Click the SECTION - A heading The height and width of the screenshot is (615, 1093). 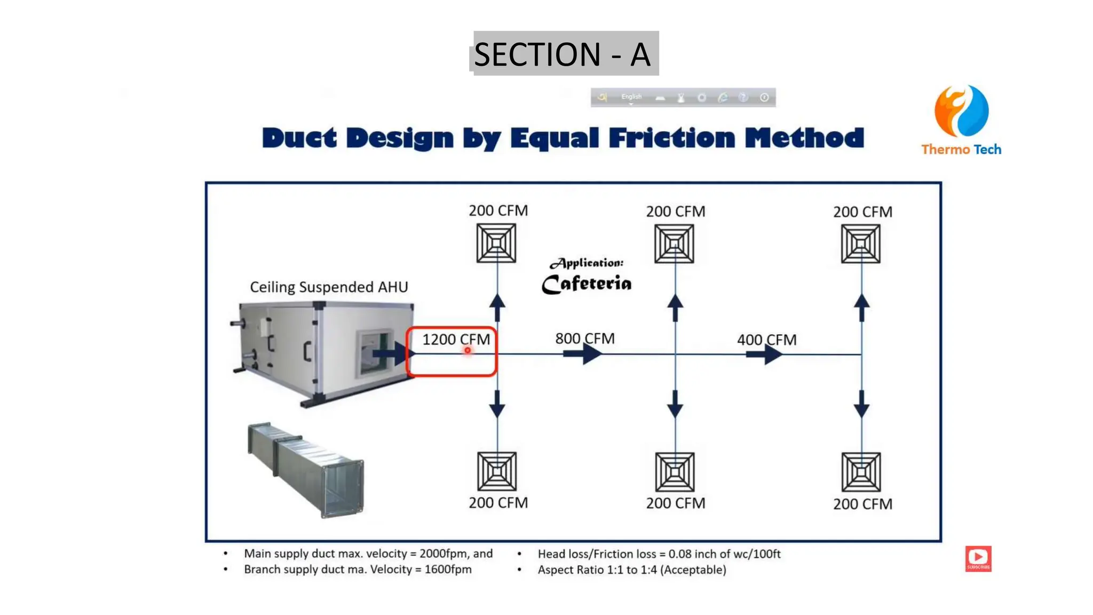coord(563,54)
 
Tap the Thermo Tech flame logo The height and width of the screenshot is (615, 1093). coord(961,111)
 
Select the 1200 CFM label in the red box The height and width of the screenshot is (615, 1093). coord(456,340)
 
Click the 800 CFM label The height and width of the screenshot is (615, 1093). coord(585,338)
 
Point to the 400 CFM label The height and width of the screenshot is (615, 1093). coord(766,340)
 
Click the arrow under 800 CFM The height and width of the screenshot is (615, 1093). coord(583,353)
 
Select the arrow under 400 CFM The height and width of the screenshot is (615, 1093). coord(764,354)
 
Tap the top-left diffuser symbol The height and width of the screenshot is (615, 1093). coord(496,243)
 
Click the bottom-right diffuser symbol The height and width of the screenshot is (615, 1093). coord(861,472)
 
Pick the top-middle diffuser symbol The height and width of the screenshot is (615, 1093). coord(675,244)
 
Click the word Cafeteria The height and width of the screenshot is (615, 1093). coord(587,283)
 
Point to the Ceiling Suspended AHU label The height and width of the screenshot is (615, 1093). coord(329,287)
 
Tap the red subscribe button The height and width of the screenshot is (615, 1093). coord(978,558)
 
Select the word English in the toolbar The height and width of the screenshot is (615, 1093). coord(631,97)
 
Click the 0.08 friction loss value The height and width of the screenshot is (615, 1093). coord(679,554)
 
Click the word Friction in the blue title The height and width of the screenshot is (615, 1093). coord(672,138)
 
